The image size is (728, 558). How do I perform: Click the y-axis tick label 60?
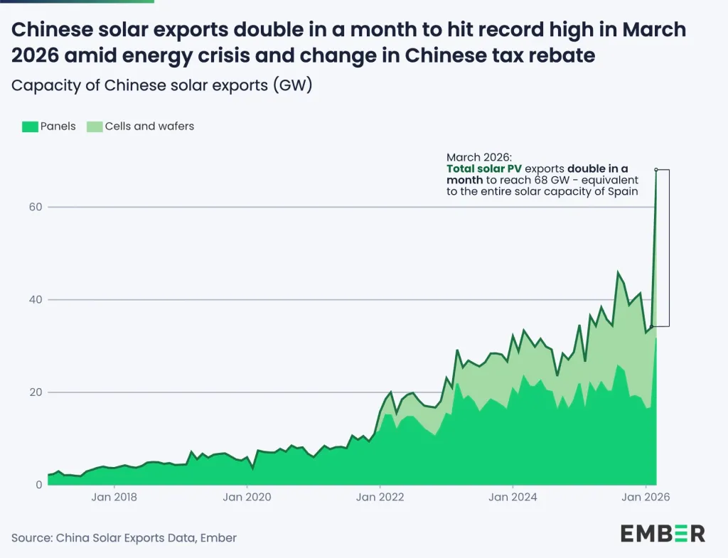coord(36,207)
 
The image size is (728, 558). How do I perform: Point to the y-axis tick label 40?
coord(36,299)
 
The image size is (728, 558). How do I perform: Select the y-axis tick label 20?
coord(36,392)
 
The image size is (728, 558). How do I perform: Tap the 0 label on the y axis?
coord(39,485)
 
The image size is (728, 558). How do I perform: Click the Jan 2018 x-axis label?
coord(114,497)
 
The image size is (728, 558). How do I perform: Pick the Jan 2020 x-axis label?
coord(247,497)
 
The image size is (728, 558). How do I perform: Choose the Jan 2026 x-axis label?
coord(646,497)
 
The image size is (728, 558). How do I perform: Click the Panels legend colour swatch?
coord(29,127)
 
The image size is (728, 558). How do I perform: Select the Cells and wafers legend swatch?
coord(95,127)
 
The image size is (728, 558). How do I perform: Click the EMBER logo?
coord(662,533)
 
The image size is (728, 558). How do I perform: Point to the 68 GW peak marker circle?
coord(656,170)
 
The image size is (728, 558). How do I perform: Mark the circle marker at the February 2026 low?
coord(651,327)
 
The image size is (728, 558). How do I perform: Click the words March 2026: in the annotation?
coord(478,157)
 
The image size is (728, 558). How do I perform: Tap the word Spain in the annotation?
coord(623,191)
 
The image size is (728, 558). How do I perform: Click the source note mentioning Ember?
coord(124,538)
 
